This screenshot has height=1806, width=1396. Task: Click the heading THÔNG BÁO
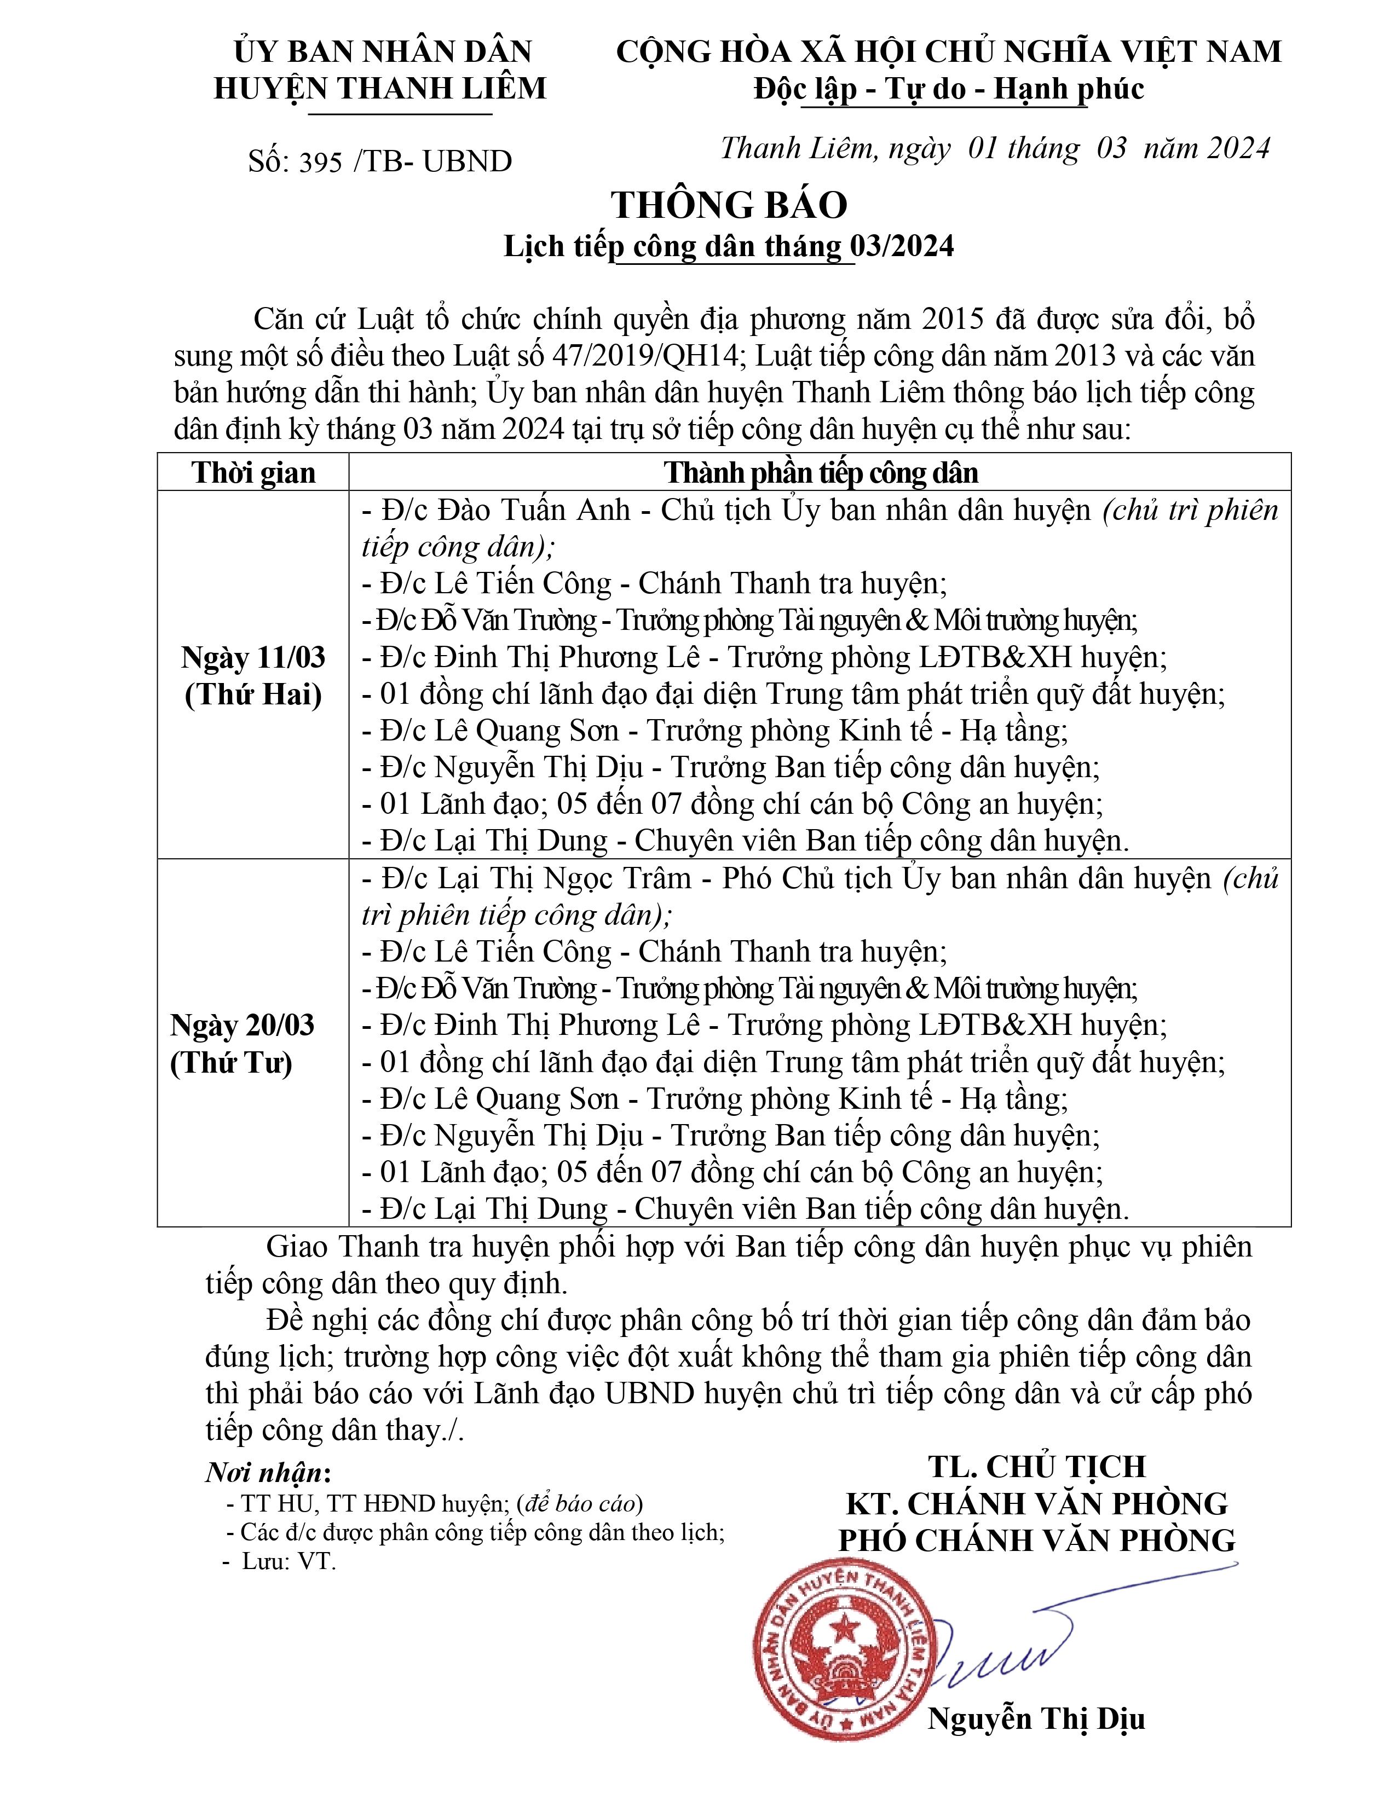coord(729,205)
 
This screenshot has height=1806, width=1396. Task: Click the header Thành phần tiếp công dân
coord(821,472)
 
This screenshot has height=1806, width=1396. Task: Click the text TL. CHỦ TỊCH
coord(1037,1466)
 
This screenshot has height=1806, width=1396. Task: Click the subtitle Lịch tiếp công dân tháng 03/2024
coord(729,246)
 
